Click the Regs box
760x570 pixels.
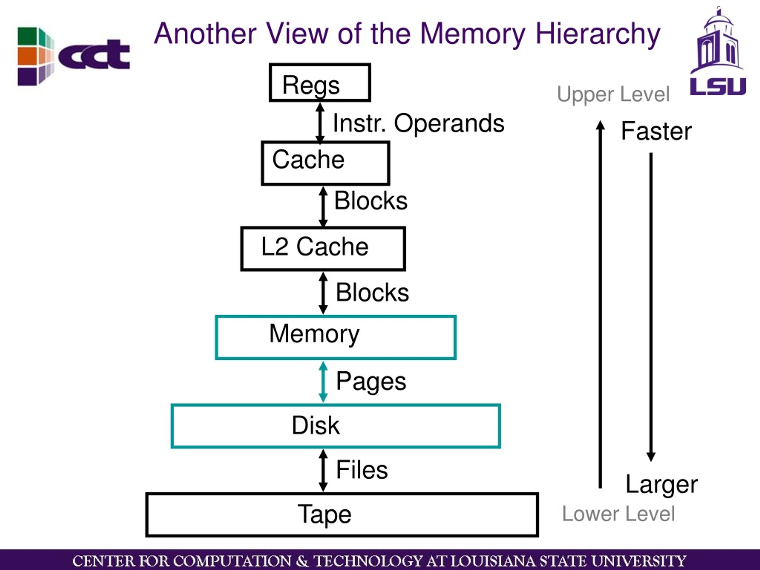tap(320, 83)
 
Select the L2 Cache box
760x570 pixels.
tap(323, 249)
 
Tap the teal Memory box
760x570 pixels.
tap(336, 337)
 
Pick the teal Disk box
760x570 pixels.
tap(336, 426)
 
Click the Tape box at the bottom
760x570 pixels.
tap(342, 515)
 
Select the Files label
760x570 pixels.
tap(362, 470)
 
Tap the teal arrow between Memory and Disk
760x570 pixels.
tap(323, 382)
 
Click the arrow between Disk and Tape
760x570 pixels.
tap(323, 470)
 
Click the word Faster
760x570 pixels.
tap(656, 131)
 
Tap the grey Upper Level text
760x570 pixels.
tap(613, 94)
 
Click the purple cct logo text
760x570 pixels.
tap(94, 55)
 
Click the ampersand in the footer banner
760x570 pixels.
tap(302, 561)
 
